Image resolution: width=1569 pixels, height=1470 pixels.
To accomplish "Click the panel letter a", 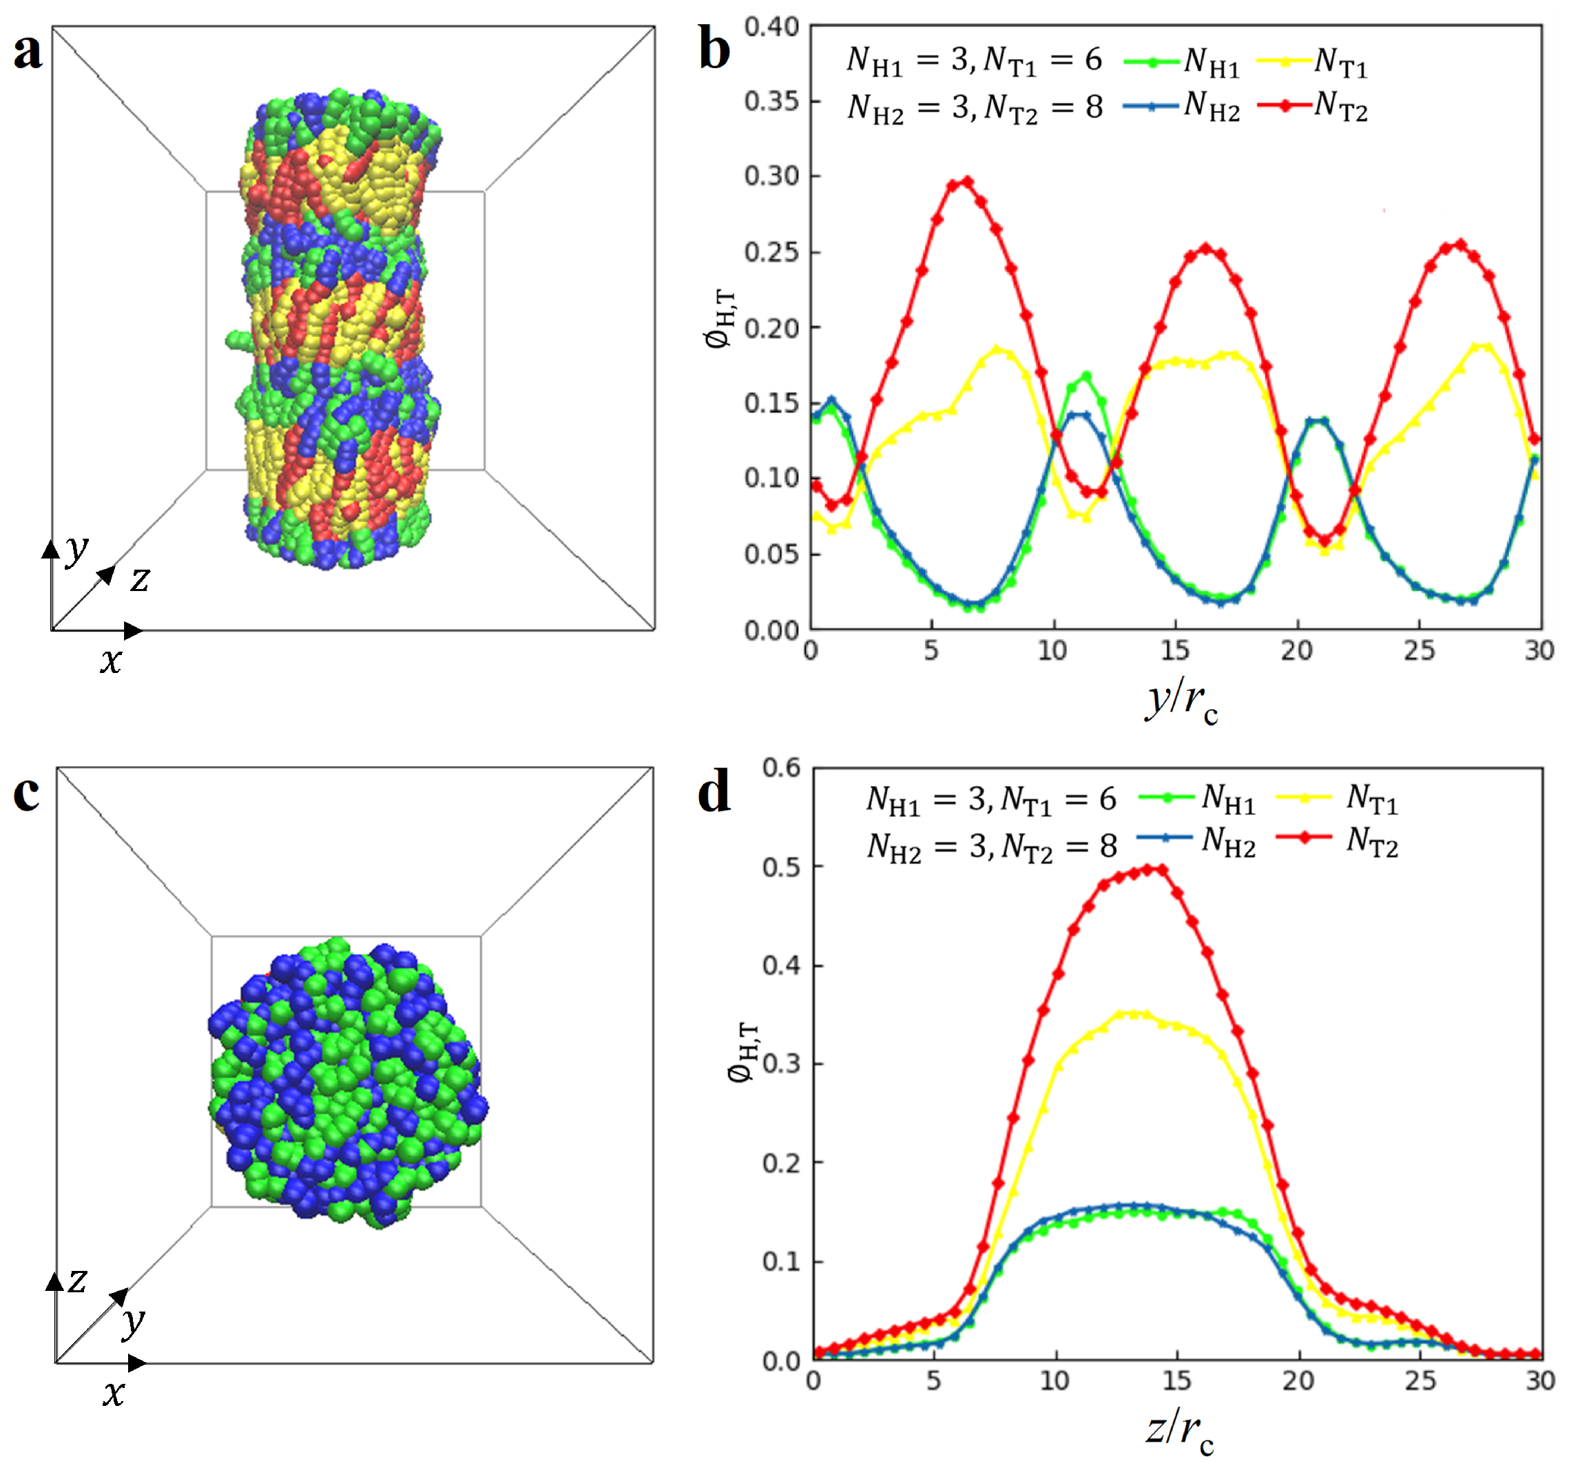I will point(28,52).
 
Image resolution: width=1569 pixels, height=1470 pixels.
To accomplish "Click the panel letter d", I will point(714,794).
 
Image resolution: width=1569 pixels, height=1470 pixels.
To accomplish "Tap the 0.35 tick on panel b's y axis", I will point(771,101).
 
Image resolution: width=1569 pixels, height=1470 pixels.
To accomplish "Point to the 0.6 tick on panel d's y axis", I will point(780,767).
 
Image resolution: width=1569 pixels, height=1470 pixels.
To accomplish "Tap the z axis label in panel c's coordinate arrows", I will point(77,1280).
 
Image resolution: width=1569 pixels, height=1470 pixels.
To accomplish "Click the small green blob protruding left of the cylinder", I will point(237,340).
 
